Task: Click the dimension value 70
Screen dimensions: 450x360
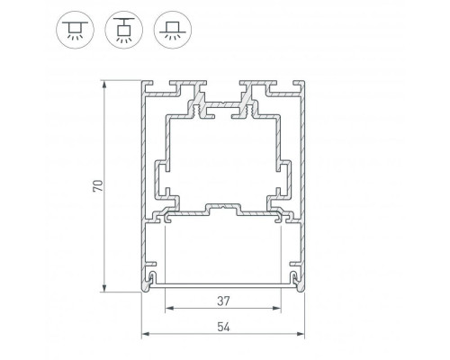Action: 98,185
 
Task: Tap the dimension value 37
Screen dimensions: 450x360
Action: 223,301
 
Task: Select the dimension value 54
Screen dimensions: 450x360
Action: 223,327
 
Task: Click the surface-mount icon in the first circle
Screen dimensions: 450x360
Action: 75,30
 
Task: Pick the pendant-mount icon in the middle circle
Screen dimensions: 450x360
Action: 124,30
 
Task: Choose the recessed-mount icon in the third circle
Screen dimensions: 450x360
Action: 173,30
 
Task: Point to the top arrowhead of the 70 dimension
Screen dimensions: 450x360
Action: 104,85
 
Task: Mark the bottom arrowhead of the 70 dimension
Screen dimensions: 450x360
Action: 104,288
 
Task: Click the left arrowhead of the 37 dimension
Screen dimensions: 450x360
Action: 170,308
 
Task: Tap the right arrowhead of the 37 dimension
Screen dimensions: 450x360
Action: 276,308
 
